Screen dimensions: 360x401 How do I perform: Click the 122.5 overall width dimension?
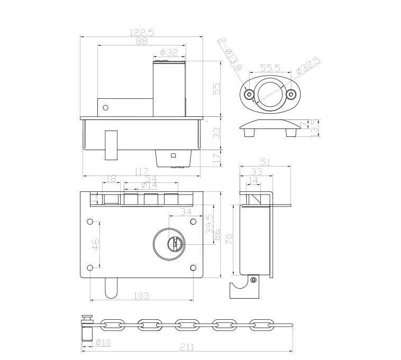pos(141,32)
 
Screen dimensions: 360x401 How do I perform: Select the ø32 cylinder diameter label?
pos(169,52)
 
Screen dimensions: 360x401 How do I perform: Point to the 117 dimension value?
pos(141,171)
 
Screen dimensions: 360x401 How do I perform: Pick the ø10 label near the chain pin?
pos(104,343)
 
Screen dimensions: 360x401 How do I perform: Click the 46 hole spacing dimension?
pos(95,246)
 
